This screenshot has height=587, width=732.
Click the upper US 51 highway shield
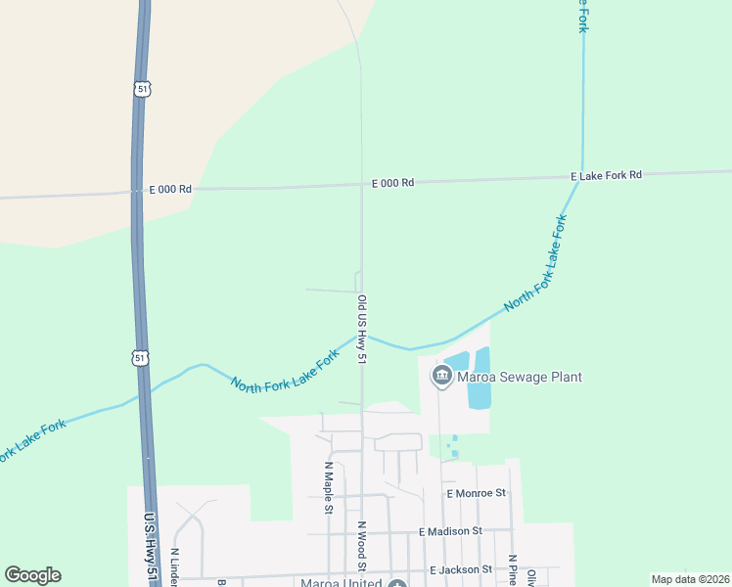click(143, 88)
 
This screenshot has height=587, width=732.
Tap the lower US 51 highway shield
click(142, 358)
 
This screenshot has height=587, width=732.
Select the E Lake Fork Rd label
click(606, 175)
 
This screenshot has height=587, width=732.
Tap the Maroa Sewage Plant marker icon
click(441, 376)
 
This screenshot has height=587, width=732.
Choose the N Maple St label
click(329, 486)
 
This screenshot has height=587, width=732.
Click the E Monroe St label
click(476, 494)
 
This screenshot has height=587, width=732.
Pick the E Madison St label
click(450, 531)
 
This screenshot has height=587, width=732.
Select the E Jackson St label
click(461, 569)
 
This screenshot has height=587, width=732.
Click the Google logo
click(32, 575)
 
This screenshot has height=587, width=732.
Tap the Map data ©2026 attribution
click(690, 579)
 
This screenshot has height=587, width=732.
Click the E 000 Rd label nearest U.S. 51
click(170, 189)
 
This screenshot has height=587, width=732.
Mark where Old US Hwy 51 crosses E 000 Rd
click(361, 185)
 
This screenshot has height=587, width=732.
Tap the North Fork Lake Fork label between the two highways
click(284, 371)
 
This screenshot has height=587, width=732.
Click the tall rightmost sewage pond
click(480, 378)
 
